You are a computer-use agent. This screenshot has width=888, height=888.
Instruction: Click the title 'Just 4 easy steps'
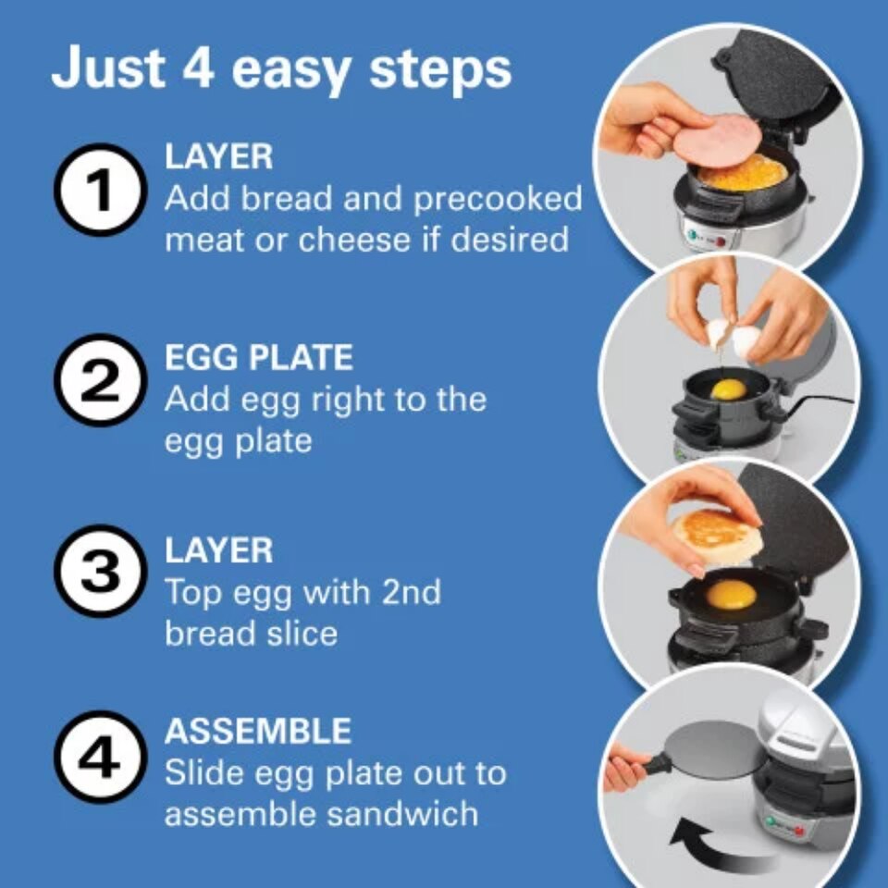coord(280,70)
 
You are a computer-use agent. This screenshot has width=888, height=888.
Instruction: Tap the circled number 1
coord(100,191)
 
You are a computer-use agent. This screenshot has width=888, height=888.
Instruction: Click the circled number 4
coord(100,758)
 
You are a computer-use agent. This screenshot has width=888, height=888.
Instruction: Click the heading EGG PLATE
coord(259,357)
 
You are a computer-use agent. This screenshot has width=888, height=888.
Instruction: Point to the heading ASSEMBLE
coord(258,732)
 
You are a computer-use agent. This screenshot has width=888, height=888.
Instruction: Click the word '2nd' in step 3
coord(403,592)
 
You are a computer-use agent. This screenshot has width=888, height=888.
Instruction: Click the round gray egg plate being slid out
coord(711,751)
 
